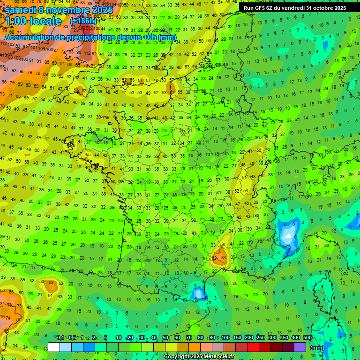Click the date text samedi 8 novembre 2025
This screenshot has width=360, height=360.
(x=59, y=9)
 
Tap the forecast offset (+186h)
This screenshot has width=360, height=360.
(x=83, y=21)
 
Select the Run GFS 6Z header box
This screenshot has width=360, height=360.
(x=294, y=7)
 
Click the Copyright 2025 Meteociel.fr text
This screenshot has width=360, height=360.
(x=198, y=356)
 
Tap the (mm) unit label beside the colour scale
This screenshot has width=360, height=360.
(x=317, y=348)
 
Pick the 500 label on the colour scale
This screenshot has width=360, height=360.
(x=307, y=338)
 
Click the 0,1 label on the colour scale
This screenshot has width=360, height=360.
(x=60, y=338)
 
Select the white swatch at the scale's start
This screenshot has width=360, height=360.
(x=54, y=347)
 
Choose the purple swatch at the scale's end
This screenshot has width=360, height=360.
(x=300, y=347)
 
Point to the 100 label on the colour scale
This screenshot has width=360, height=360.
(x=225, y=338)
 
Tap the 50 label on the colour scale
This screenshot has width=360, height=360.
(x=165, y=338)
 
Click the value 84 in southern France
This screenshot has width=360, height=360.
(x=223, y=257)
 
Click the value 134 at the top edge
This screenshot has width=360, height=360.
(x=111, y=5)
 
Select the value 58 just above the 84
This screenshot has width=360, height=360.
(x=223, y=245)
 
